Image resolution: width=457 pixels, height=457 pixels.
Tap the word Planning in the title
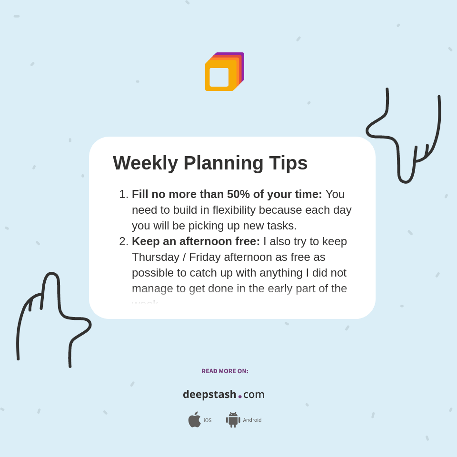(223, 163)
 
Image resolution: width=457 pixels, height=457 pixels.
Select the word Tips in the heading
(288, 163)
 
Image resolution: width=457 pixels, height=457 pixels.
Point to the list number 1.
(123, 194)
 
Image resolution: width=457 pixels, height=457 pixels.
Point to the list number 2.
(123, 241)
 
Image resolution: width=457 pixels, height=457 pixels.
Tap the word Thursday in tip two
(155, 257)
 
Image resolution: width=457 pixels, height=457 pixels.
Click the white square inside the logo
(219, 77)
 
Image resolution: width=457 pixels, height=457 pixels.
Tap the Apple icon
(194, 420)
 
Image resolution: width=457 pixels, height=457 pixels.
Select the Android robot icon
(233, 420)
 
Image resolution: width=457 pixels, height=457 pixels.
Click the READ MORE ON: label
(225, 371)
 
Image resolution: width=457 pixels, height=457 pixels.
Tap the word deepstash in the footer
(209, 395)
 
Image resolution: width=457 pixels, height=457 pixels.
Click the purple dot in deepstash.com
(240, 397)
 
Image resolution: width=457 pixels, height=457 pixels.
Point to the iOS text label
(208, 420)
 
